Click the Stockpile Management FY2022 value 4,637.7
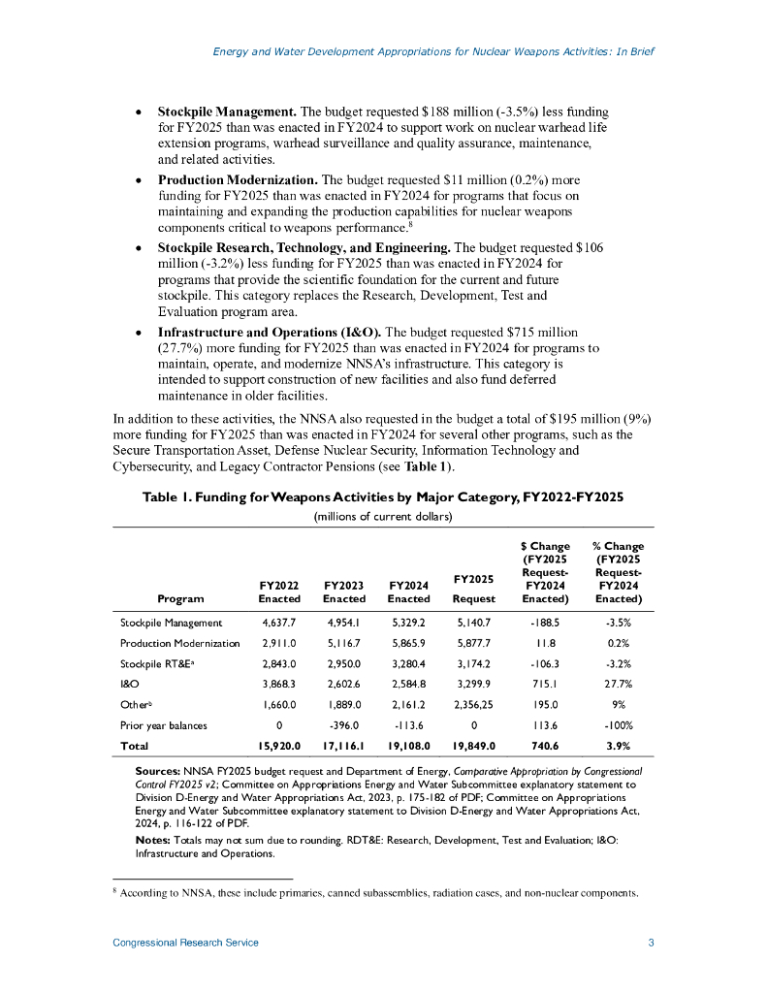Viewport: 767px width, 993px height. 279,623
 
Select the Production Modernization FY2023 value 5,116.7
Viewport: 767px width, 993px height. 343,643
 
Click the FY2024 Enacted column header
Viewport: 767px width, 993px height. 408,593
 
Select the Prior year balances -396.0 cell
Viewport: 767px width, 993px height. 343,724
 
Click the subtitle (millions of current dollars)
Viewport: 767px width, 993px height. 383,516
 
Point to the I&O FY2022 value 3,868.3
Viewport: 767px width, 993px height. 279,684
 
